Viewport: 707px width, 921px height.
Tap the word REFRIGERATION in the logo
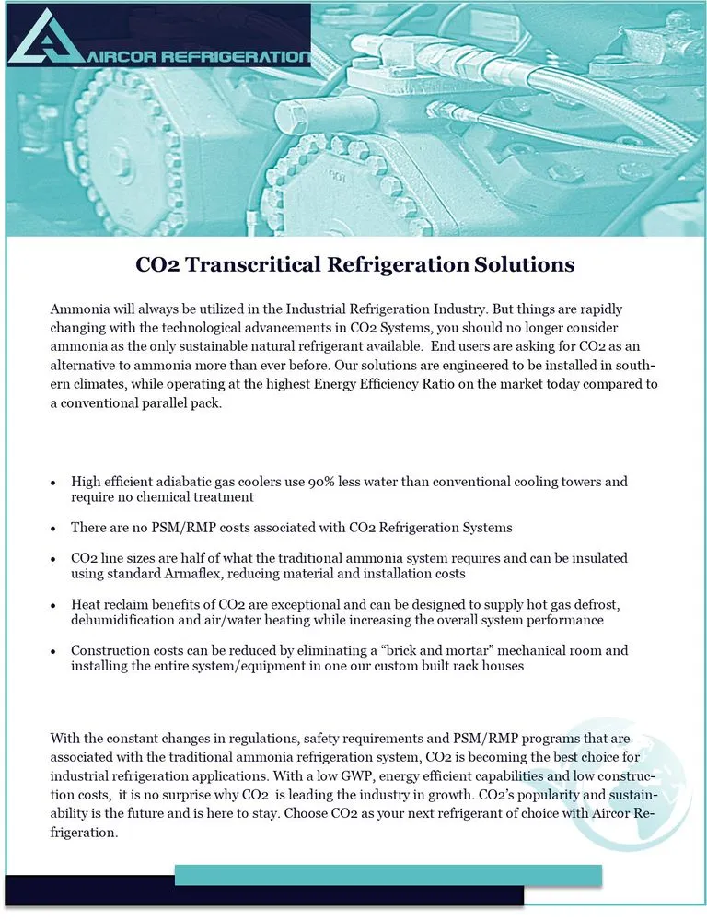click(236, 57)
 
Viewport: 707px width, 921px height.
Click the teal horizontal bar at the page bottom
click(388, 875)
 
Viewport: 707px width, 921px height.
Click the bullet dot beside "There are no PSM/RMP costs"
click(53, 528)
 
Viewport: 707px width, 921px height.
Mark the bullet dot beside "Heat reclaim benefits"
click(53, 604)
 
